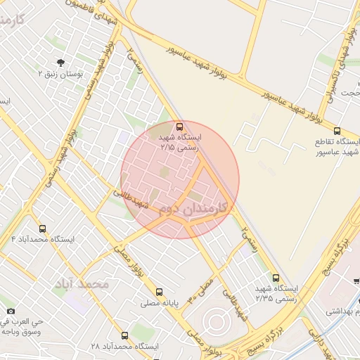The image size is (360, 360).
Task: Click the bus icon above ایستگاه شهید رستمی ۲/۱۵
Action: (180, 127)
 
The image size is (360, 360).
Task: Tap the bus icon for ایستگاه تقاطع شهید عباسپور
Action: (337, 131)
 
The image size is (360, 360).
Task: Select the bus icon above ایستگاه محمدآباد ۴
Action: (43, 229)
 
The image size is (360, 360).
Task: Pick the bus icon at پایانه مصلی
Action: (159, 292)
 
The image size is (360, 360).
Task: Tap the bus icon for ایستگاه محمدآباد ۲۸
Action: (125, 335)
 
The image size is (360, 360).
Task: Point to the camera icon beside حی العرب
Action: (11, 311)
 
